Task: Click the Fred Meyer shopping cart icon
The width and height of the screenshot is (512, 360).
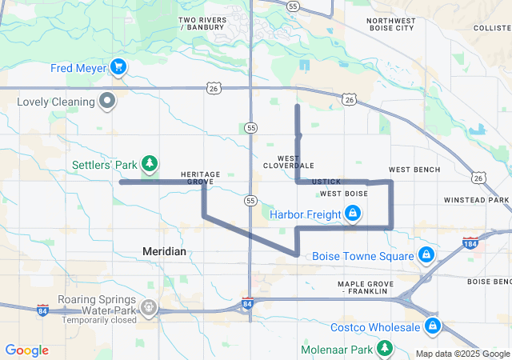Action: coord(119,68)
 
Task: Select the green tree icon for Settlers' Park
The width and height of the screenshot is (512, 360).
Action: coord(149,165)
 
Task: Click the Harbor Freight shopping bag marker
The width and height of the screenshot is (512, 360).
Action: coord(352,214)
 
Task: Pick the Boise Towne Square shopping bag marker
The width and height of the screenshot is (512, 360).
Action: coord(426,256)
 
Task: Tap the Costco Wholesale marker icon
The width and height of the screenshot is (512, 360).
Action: coord(433,326)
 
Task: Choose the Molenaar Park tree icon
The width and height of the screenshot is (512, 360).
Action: coord(385,349)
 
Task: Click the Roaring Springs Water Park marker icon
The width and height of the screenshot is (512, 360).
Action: coord(149,306)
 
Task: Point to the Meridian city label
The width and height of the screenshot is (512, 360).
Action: coord(164,251)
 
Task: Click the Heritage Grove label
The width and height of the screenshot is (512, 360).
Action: coord(201,178)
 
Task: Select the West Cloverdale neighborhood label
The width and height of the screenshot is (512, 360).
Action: coord(289,162)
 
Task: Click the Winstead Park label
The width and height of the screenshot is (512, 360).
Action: coord(476,199)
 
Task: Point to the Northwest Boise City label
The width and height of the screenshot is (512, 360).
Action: coord(392,24)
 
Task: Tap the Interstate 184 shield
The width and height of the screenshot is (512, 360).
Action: coord(470,242)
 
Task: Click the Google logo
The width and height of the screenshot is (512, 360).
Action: coord(27,350)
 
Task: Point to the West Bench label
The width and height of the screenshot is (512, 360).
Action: coord(414,170)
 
